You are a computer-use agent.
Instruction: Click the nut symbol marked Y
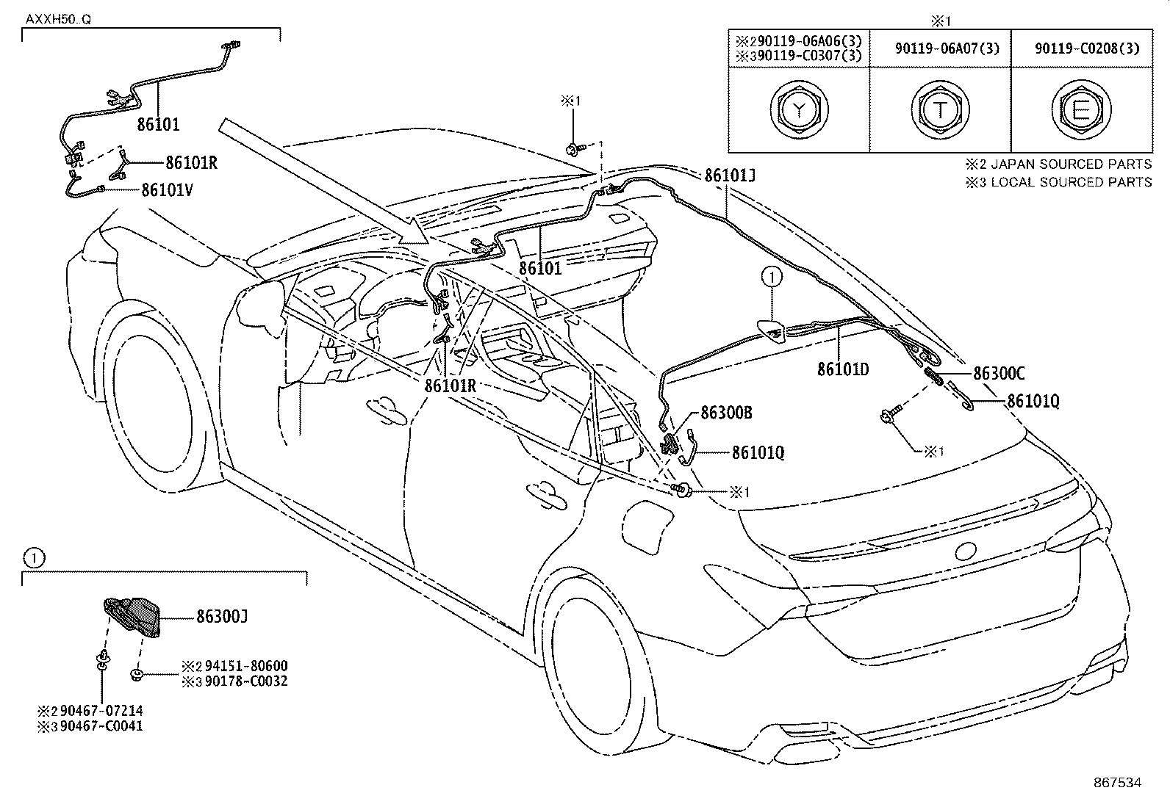(799, 110)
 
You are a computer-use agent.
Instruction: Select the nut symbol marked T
(940, 110)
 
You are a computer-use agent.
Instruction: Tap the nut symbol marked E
(1080, 110)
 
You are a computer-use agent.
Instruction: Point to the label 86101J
(729, 175)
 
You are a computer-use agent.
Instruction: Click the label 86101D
(843, 369)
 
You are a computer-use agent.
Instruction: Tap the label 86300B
(726, 413)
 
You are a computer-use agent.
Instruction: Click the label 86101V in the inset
(167, 190)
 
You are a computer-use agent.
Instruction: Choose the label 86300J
(221, 617)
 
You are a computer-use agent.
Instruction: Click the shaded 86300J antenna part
(132, 615)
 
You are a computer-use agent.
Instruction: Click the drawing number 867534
(1116, 783)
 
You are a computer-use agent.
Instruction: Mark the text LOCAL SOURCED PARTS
(1071, 181)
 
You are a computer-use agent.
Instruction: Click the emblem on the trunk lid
(967, 551)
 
